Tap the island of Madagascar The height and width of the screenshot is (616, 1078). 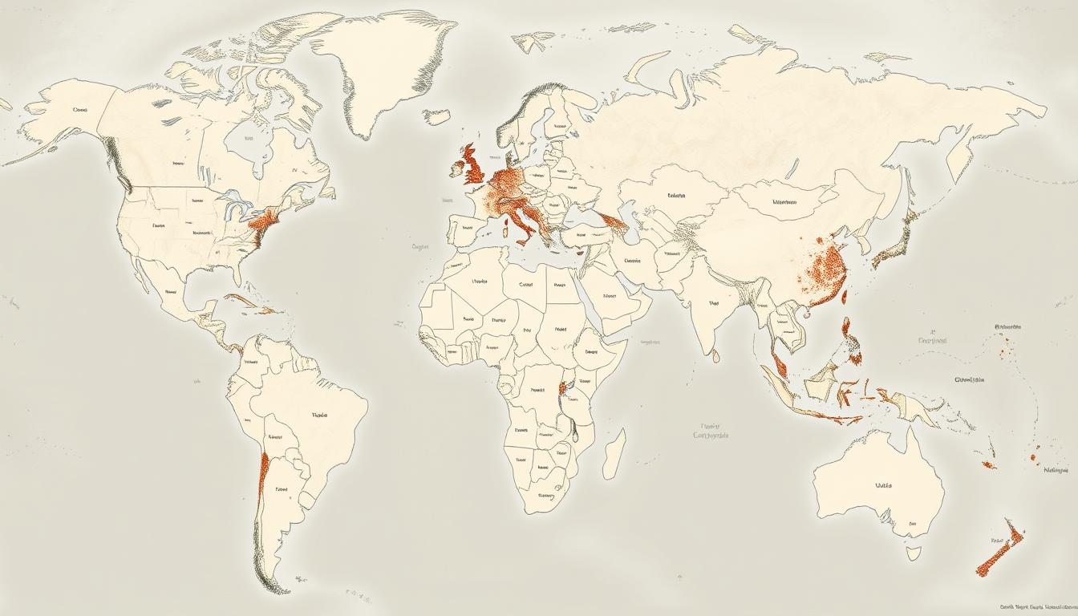tap(614, 453)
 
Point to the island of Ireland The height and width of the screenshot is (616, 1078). tap(456, 168)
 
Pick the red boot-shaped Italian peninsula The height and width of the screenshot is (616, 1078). tap(523, 225)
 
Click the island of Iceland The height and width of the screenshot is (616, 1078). tap(437, 117)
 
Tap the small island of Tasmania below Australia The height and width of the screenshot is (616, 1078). tap(914, 553)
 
